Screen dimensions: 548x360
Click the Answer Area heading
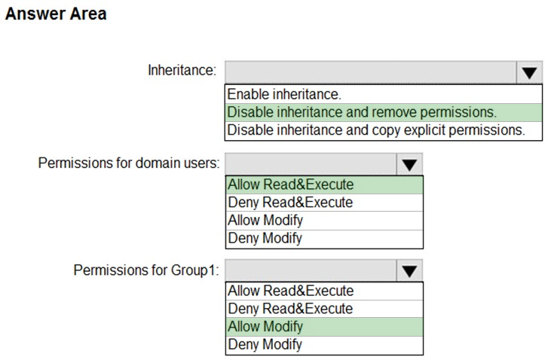[x=56, y=14]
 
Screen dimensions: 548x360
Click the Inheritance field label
[x=182, y=70]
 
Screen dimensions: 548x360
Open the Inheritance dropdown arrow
[x=529, y=72]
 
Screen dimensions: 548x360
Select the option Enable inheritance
[x=284, y=94]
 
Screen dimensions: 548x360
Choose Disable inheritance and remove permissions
[x=362, y=112]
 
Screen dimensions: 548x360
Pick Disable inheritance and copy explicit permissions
[x=376, y=130]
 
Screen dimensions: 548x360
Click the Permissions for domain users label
[x=129, y=163]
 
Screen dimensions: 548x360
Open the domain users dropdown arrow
[x=409, y=164]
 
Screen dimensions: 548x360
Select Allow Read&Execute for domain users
[x=291, y=185]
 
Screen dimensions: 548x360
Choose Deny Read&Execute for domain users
[x=290, y=202]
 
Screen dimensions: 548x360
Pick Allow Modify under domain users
[x=265, y=221]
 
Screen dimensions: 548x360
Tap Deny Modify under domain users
[x=265, y=238]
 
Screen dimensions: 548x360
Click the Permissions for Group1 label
[x=146, y=270]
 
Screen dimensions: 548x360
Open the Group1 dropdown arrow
[x=409, y=270]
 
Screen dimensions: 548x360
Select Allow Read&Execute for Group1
[x=291, y=291]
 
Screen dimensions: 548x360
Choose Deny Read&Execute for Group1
[x=290, y=309]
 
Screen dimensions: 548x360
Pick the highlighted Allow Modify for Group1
[x=265, y=327]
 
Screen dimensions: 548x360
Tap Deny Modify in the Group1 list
[x=265, y=345]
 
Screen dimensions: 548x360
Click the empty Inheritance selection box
[x=371, y=72]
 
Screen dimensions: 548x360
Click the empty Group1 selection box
[x=311, y=270]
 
